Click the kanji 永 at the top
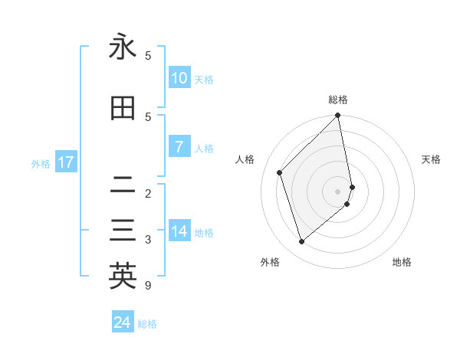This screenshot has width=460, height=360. (123, 47)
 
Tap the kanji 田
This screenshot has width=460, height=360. (123, 109)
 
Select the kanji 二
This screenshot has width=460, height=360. (123, 185)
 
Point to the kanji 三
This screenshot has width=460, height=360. (123, 231)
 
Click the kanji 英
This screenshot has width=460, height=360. (123, 276)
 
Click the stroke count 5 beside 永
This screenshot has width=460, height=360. (148, 56)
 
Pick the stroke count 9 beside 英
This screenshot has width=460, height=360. (148, 286)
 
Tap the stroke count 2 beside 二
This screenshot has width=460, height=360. (148, 193)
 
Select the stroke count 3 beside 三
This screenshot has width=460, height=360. (148, 240)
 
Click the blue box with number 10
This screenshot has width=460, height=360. (179, 78)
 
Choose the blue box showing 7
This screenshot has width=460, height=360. (179, 147)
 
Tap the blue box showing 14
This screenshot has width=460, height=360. (179, 231)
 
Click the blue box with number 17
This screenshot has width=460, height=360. (65, 162)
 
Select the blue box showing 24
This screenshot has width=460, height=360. (122, 322)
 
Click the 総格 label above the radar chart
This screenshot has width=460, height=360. (338, 100)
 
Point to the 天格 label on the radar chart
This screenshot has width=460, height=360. (431, 159)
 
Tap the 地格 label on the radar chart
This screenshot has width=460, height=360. (402, 262)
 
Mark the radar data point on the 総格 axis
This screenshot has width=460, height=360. (338, 116)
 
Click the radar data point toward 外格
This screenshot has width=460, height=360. (301, 242)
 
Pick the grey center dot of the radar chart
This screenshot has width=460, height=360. (338, 191)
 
